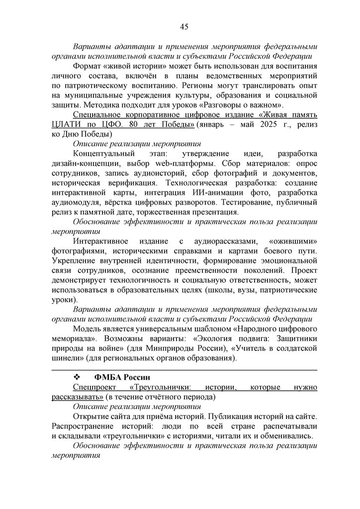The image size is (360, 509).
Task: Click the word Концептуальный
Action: [x=103, y=154]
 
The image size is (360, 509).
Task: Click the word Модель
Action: [x=88, y=330]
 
